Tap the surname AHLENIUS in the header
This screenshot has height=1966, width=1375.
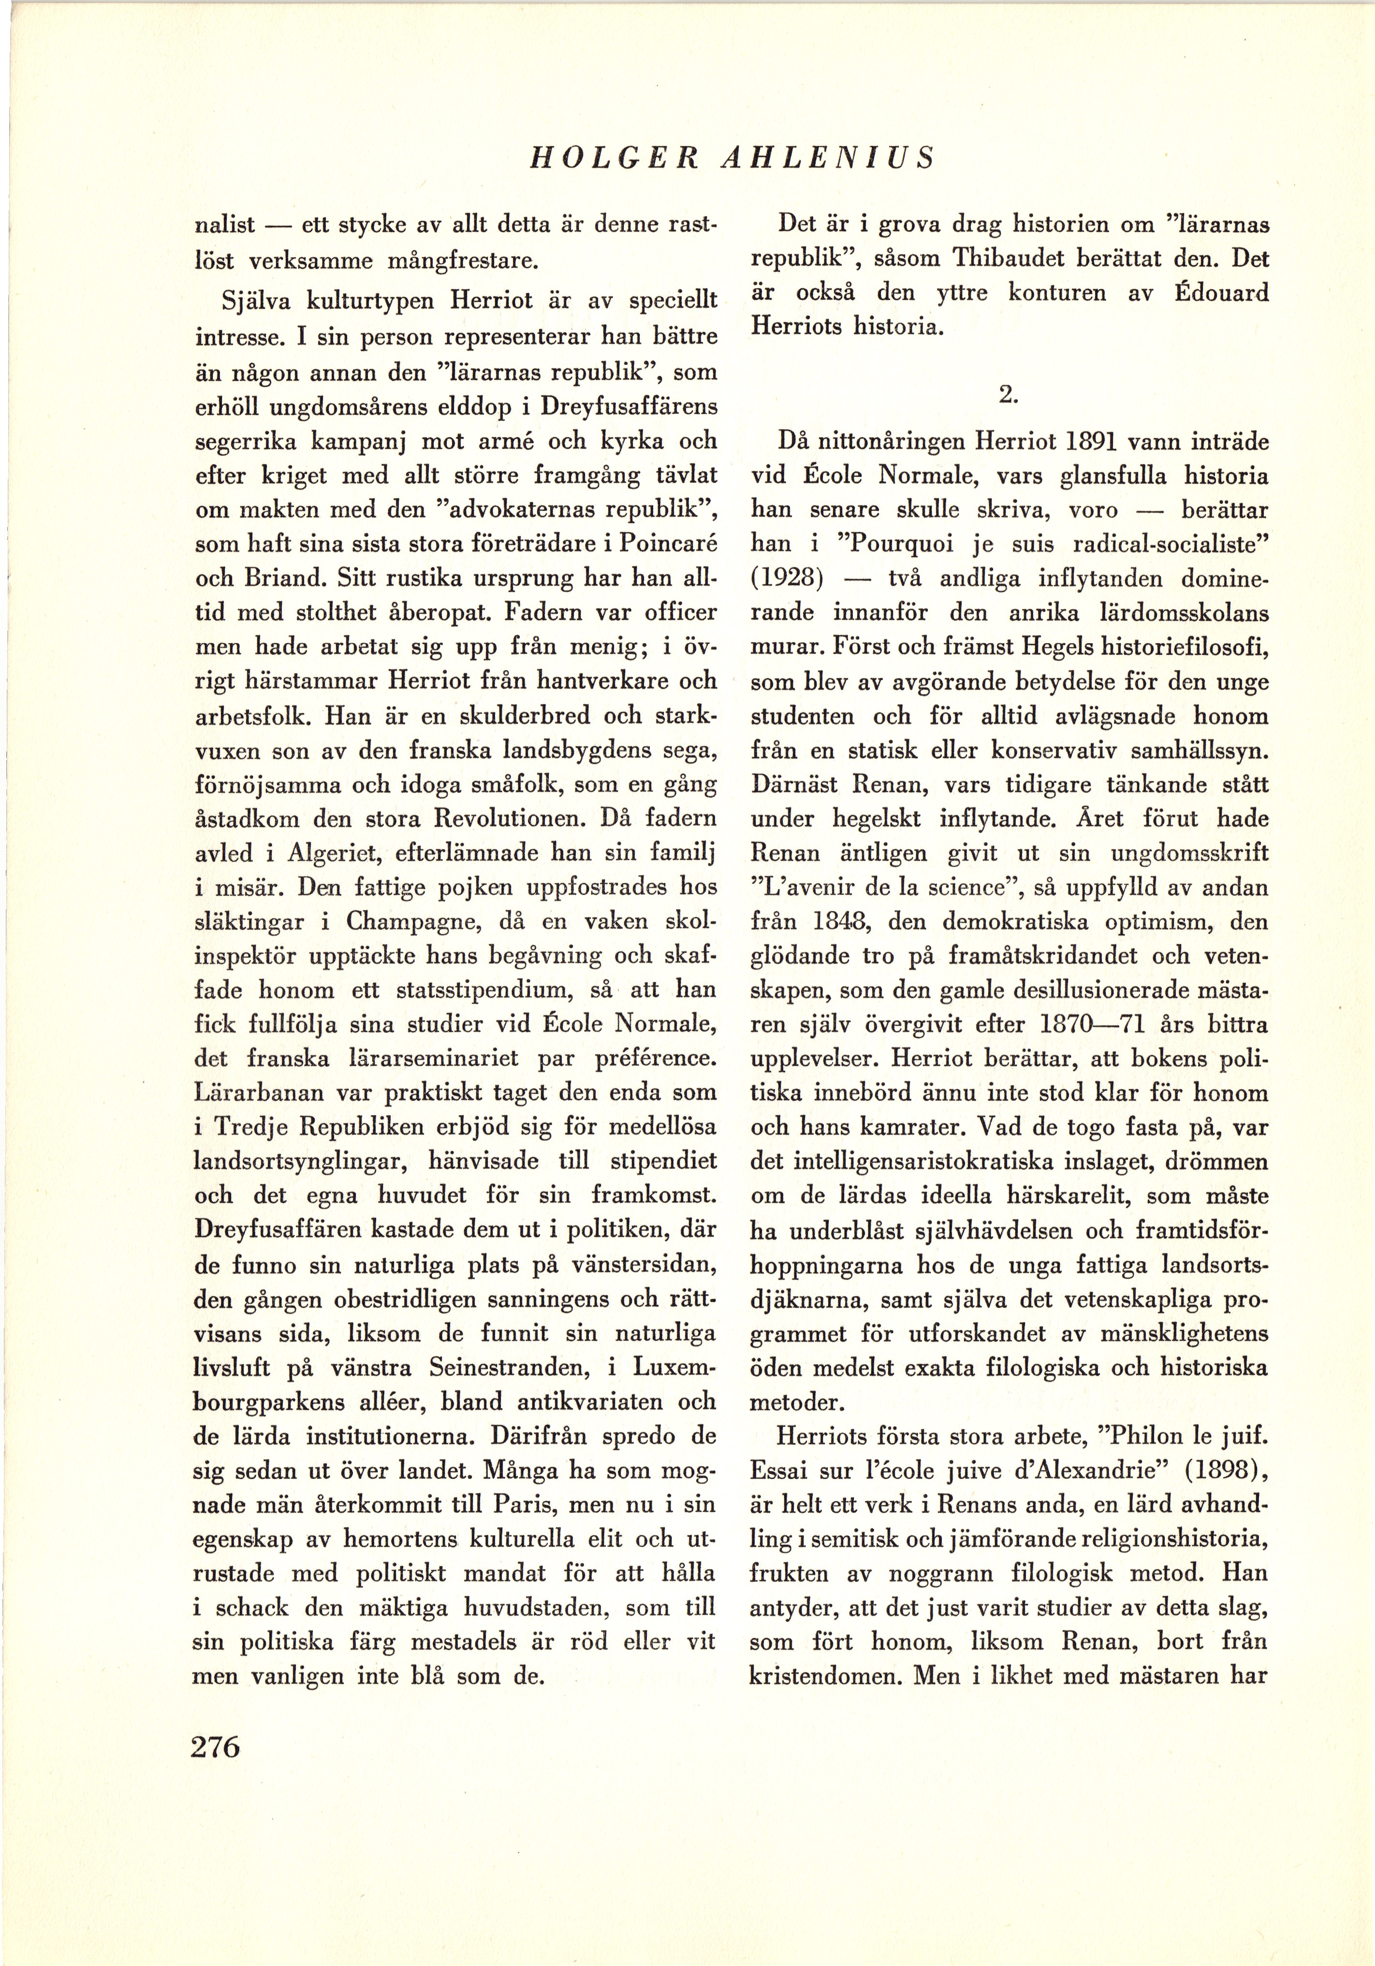pos(827,158)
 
